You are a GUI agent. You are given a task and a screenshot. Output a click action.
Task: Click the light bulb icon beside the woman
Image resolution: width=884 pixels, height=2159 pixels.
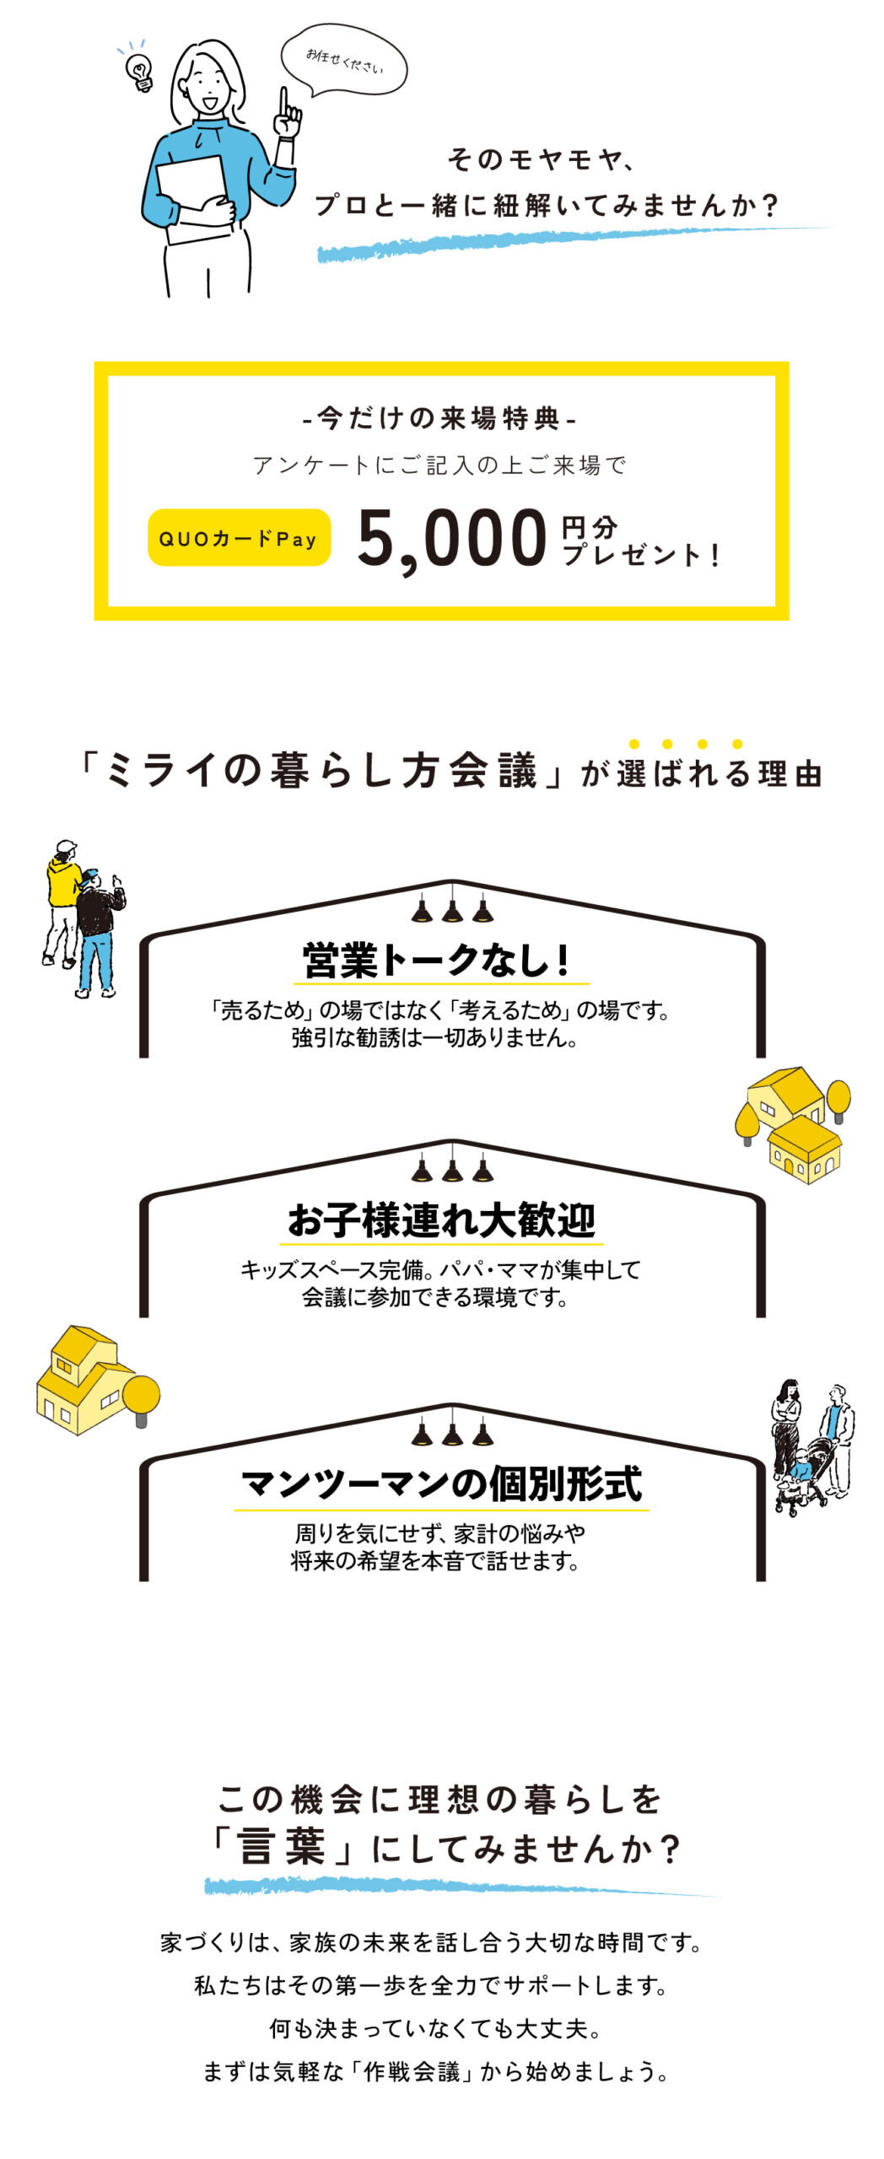point(139,71)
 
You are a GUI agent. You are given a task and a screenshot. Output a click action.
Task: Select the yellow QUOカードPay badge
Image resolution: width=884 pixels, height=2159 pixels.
point(239,537)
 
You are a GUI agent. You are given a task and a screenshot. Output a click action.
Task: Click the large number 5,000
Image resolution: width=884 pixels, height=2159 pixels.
point(452,538)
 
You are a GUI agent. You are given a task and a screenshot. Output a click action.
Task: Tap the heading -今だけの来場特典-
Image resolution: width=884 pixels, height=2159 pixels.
point(440,417)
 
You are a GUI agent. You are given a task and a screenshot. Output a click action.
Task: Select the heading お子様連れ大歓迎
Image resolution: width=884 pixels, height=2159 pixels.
point(441,1219)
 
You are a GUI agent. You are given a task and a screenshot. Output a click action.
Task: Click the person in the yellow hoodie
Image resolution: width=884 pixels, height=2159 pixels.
point(62,894)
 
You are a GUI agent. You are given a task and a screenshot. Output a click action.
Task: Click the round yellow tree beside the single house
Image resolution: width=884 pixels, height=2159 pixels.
point(141,1395)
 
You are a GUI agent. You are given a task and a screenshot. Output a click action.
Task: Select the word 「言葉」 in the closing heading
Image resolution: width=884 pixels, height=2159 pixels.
point(282,1848)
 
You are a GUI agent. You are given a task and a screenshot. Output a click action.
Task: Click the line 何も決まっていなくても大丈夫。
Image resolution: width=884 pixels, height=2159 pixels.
point(435,2028)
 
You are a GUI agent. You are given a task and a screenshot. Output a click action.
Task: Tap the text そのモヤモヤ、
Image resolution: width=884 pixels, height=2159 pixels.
point(540,159)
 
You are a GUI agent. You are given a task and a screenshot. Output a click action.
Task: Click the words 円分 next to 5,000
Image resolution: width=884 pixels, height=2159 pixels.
point(589,527)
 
